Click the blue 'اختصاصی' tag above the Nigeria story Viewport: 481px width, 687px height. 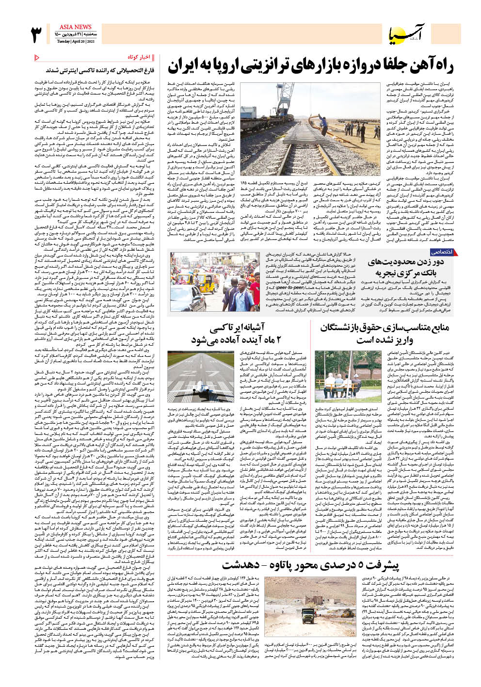442,252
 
